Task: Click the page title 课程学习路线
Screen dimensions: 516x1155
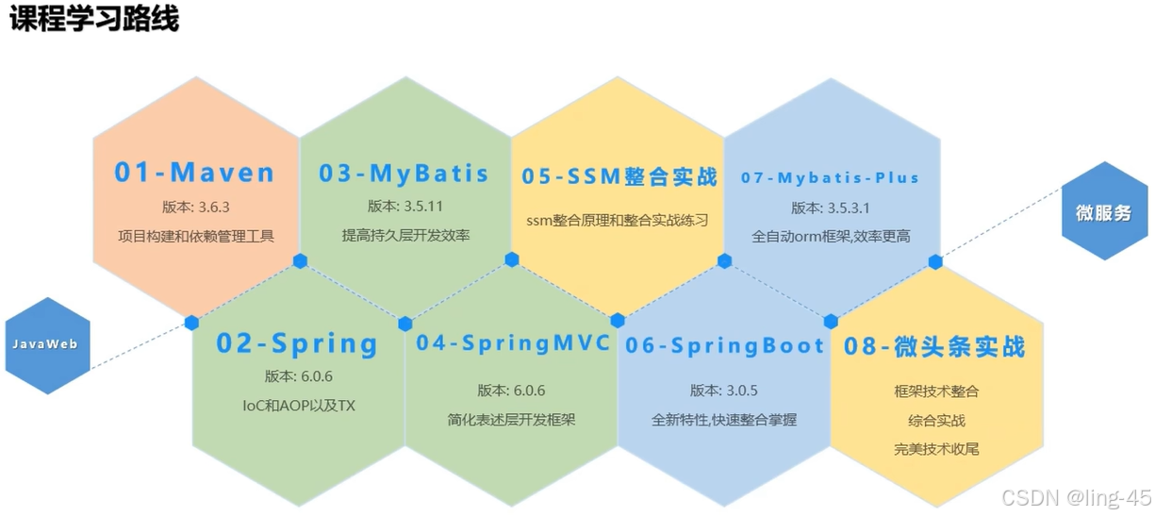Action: (x=94, y=19)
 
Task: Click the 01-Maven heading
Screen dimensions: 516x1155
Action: (x=195, y=173)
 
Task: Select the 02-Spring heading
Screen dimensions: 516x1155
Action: (x=297, y=344)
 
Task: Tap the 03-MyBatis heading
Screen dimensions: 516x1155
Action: (x=404, y=174)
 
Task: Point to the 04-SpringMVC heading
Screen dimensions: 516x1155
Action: (x=514, y=343)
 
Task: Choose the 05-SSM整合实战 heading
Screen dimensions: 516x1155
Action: (x=619, y=176)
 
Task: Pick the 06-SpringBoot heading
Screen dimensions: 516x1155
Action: (x=725, y=346)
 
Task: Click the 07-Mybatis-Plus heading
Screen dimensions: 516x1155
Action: (x=830, y=177)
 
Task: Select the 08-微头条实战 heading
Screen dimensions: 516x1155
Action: (x=934, y=347)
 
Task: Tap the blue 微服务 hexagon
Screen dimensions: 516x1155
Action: (x=1103, y=212)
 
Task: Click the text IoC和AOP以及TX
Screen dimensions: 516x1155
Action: (x=299, y=407)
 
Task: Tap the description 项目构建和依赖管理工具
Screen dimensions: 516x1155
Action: (x=196, y=235)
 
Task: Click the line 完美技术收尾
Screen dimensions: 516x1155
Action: (x=936, y=449)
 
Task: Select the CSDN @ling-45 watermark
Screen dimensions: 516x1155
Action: (x=1076, y=497)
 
